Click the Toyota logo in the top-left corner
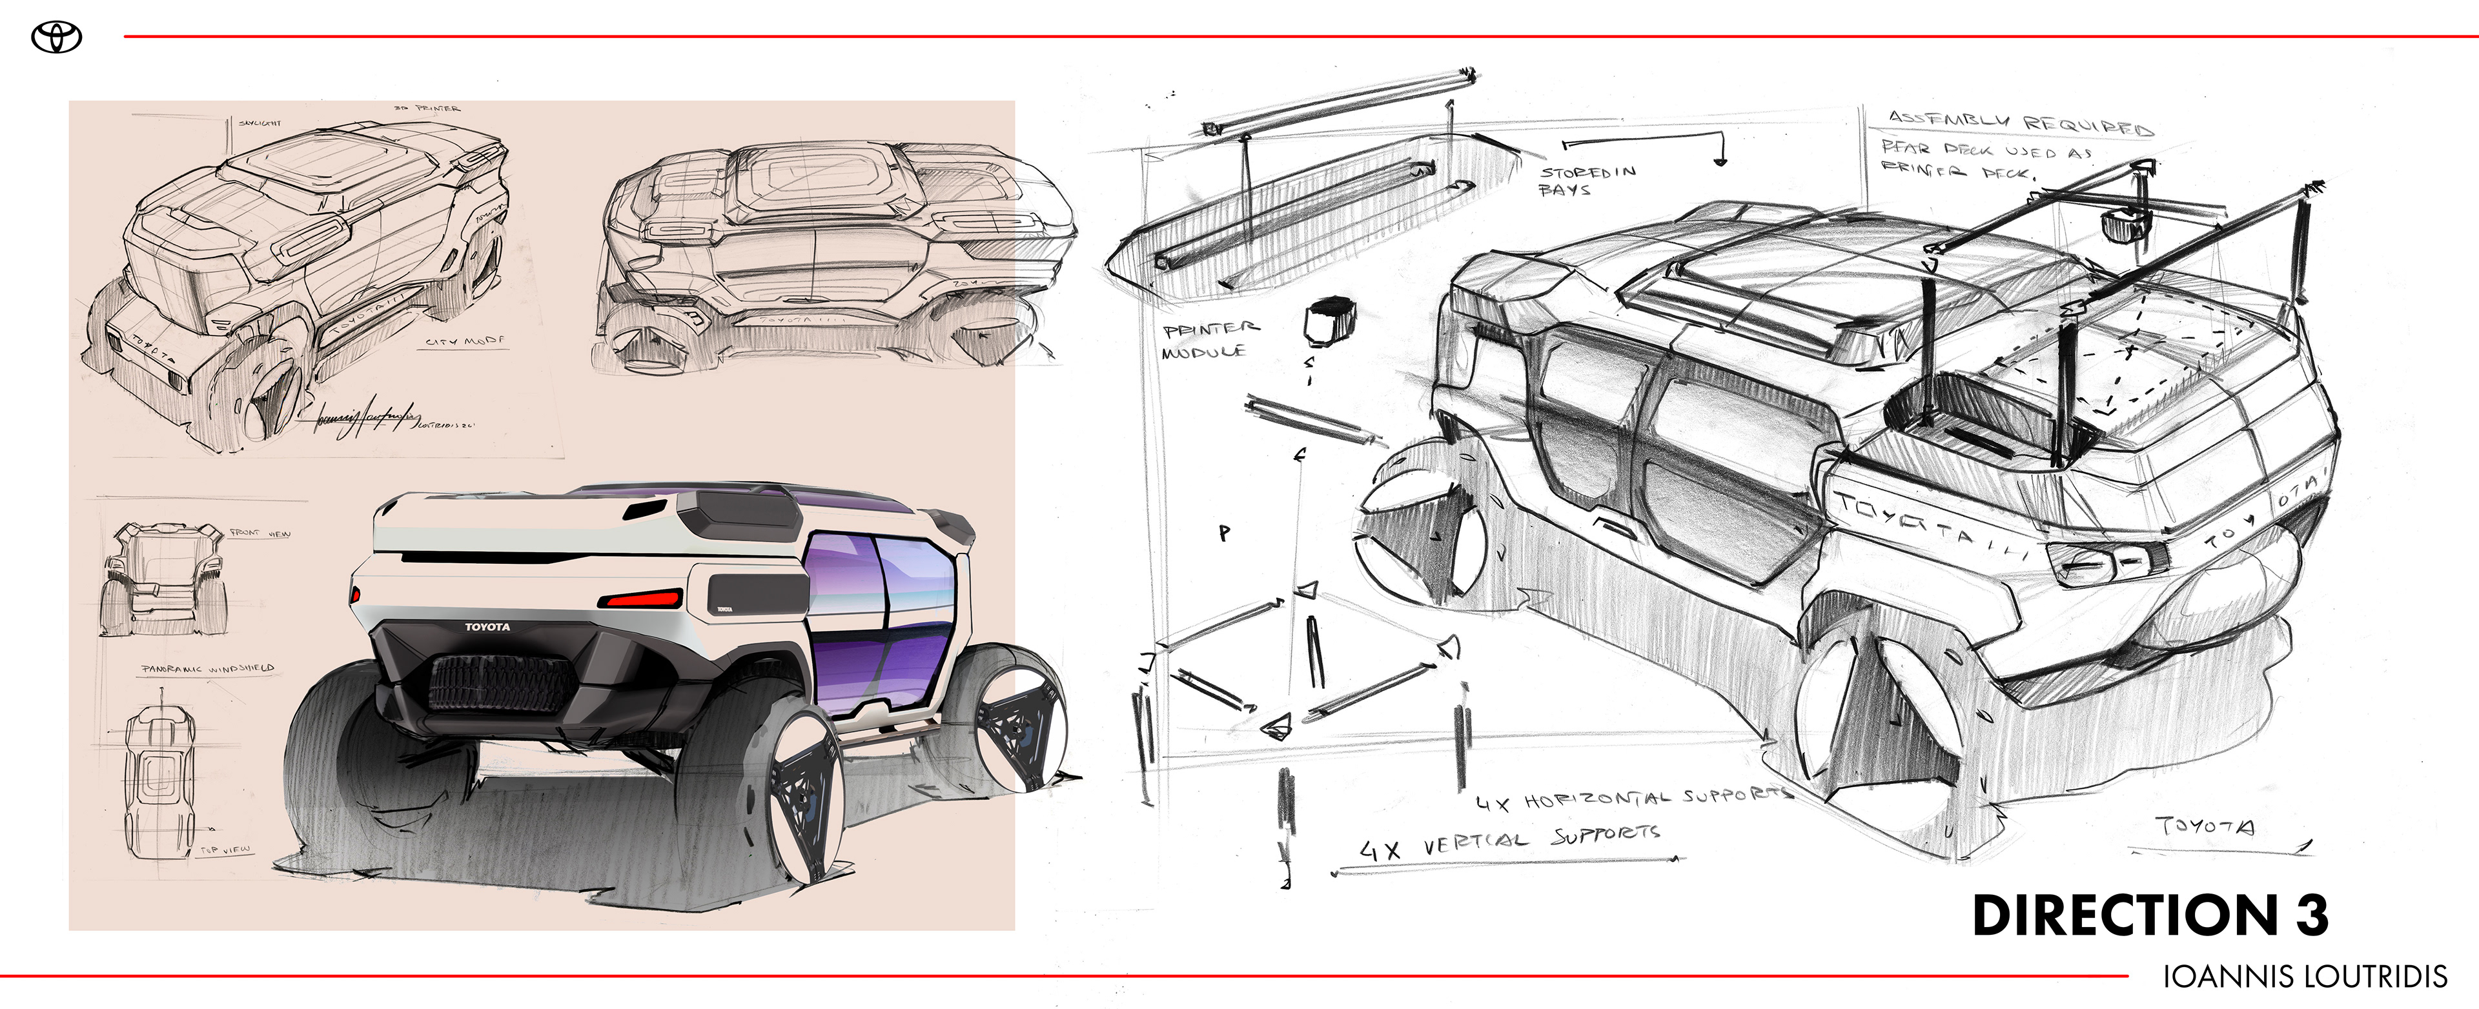pyautogui.click(x=57, y=37)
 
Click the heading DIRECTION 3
pyautogui.click(x=2149, y=915)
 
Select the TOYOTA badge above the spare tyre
pyautogui.click(x=487, y=627)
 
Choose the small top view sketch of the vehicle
pyautogui.click(x=159, y=779)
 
